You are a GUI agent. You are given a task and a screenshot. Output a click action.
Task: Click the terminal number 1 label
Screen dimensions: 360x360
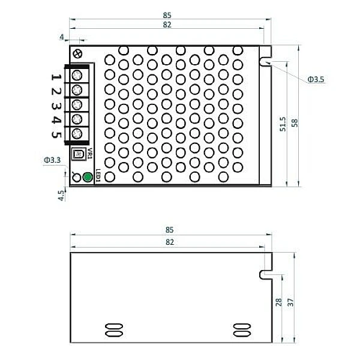point(55,76)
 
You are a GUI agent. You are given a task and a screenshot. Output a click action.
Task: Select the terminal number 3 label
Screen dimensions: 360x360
point(55,106)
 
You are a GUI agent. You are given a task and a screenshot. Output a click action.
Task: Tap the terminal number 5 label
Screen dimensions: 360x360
point(55,134)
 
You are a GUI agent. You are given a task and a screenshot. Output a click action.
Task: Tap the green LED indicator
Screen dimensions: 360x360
point(88,177)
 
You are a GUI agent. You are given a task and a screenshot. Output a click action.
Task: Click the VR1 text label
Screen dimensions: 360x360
point(89,154)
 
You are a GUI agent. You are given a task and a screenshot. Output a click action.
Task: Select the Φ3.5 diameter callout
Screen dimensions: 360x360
point(316,79)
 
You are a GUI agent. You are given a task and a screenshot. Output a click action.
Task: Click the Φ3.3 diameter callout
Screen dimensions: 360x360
point(52,160)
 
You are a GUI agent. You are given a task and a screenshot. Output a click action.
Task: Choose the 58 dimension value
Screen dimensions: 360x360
point(294,122)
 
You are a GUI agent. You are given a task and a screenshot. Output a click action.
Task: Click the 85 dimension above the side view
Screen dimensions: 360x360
point(169,230)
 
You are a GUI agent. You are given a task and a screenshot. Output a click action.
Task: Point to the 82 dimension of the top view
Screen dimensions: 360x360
point(167,25)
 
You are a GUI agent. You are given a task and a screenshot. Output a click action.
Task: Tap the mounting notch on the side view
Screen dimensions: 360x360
point(265,274)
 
